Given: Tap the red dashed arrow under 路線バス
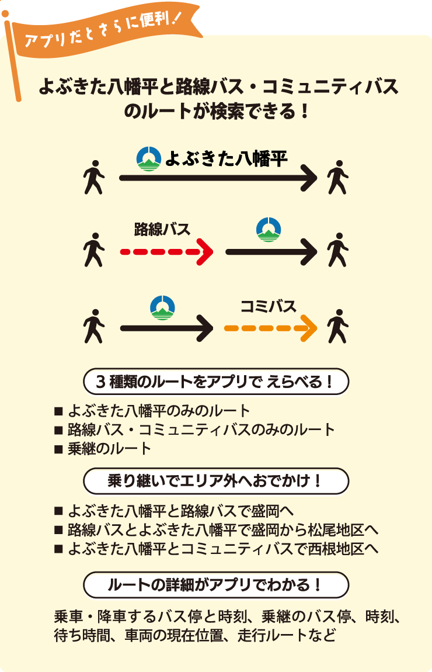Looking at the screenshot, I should (166, 252).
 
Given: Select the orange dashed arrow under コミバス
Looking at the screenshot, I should (270, 328).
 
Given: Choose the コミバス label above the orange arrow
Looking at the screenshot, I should (269, 306).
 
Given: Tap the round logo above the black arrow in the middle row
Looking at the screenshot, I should (269, 229).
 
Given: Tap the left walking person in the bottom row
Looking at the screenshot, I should (93, 328).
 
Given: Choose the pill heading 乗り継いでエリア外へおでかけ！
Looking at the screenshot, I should (216, 482).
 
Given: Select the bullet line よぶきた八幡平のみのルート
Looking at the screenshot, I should (158, 410).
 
